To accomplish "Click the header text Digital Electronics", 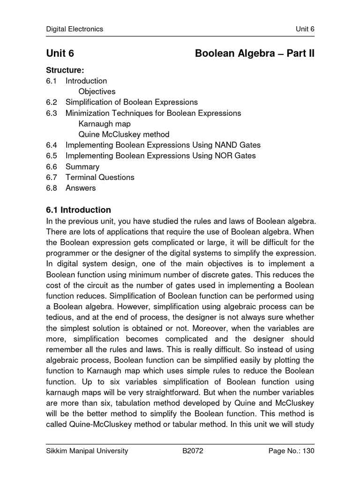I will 74,29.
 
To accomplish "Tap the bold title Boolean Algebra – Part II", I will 255,54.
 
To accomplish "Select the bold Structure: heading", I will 65,70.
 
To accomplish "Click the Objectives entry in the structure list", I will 97,91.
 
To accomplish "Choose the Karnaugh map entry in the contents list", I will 105,124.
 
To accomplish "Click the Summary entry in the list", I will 82,166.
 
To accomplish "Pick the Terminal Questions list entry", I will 99,177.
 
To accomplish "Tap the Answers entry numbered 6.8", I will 80,188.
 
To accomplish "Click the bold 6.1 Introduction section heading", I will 78,210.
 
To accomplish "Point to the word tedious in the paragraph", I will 60,318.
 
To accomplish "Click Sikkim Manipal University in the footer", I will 87,451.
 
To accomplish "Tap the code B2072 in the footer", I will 193,451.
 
